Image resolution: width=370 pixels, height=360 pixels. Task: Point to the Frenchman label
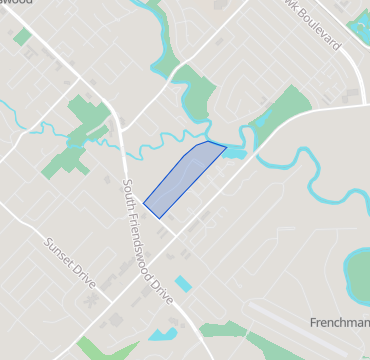pyautogui.click(x=339, y=323)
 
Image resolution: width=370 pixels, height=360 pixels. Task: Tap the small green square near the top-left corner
pyautogui.click(x=22, y=36)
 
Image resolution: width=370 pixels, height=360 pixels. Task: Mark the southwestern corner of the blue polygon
pyautogui.click(x=145, y=205)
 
